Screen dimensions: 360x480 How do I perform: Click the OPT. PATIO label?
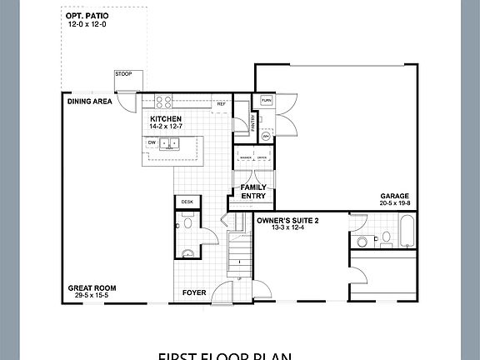tap(87, 16)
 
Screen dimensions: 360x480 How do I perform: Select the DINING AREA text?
tap(90, 102)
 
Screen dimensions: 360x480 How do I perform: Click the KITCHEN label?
tap(166, 119)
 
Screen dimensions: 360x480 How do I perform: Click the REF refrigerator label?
tap(221, 104)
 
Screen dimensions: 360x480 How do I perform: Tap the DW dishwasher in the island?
tap(152, 142)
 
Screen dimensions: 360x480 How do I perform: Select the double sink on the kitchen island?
tap(170, 143)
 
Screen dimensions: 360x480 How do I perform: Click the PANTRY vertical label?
tap(253, 122)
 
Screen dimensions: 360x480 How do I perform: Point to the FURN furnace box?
tap(266, 101)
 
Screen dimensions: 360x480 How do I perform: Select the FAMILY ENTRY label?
tap(253, 192)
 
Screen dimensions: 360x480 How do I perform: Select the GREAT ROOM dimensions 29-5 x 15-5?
tap(92, 296)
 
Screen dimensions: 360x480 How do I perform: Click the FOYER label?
tap(195, 292)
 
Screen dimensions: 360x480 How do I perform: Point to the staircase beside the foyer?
tap(240, 250)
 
